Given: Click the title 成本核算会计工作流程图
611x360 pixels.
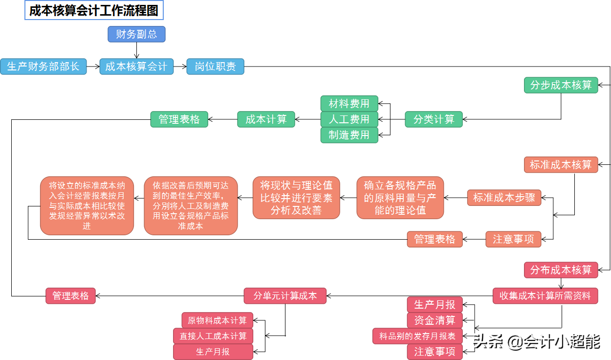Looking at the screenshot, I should (94, 10).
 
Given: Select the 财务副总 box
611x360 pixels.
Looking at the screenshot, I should (136, 34).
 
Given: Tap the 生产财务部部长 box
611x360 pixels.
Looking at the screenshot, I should (44, 67).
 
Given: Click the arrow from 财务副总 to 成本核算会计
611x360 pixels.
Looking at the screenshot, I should (136, 50).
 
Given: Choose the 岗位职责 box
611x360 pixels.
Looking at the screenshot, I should (215, 67).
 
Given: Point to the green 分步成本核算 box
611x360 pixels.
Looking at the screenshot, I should (561, 85).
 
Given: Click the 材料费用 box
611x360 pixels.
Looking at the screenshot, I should (349, 104).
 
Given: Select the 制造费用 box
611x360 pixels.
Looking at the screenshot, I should (349, 135).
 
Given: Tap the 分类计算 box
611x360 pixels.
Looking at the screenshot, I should (434, 119).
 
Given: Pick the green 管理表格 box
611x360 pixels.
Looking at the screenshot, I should (179, 119).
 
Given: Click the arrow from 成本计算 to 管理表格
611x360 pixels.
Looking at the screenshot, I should (223, 119).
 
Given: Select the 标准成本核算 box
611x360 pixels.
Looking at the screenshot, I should (561, 165).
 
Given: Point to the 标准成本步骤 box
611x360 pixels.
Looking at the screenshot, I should (504, 198).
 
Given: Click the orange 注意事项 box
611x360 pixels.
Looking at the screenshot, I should (513, 239).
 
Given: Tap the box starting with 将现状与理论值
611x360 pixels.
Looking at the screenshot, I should (296, 198).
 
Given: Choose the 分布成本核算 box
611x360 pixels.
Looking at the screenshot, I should (561, 270).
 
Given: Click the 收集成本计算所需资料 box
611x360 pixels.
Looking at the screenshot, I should (545, 296).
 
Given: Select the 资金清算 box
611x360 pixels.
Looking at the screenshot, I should (435, 320).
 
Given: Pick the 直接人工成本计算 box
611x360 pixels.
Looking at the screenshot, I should (213, 336).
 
